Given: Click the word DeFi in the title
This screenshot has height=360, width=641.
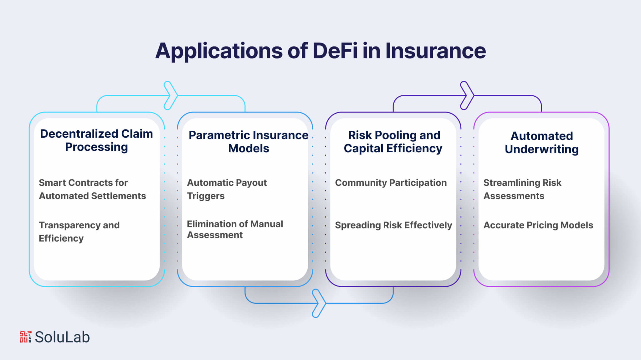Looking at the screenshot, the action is [335, 51].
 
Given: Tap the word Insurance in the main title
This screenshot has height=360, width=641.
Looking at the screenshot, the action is [435, 51].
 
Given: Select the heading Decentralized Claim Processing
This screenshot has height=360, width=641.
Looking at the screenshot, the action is [96, 140].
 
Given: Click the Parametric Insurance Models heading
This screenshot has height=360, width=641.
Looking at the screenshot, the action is [249, 142].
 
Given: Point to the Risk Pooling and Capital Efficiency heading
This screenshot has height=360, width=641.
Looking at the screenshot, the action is [393, 142].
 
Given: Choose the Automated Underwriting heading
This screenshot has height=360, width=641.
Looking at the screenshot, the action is [541, 143].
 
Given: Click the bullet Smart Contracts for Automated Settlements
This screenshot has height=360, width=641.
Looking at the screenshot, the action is [92, 189].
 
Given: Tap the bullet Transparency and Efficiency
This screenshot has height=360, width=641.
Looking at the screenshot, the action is [79, 232].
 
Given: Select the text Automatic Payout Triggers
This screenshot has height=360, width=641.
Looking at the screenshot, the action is [227, 189].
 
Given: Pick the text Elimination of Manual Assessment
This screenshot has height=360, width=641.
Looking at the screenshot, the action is [235, 229].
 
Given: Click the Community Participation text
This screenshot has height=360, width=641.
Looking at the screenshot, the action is [391, 183].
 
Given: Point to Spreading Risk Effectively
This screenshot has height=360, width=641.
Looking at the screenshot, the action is [393, 225].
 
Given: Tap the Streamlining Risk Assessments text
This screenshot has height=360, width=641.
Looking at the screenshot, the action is [522, 189].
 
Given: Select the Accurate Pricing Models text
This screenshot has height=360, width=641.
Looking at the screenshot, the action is [538, 225].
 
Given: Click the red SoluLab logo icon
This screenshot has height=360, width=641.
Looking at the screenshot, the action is [26, 337].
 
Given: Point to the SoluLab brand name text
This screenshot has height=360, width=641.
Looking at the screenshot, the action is [62, 337].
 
